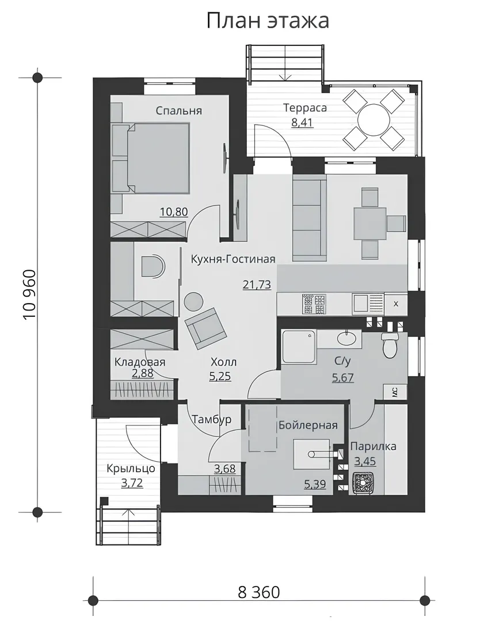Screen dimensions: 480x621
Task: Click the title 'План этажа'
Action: click(x=268, y=21)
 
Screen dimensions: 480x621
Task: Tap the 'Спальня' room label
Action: click(x=178, y=110)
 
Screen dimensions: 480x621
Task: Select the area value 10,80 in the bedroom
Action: click(x=174, y=212)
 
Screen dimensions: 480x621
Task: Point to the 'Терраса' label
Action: click(x=305, y=108)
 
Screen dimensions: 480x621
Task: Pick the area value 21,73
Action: click(x=257, y=285)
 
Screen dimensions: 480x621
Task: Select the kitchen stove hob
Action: click(x=314, y=304)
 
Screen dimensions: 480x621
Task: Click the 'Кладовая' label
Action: click(x=139, y=362)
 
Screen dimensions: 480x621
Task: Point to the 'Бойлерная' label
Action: click(x=308, y=425)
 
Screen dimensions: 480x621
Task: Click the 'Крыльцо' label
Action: click(x=131, y=469)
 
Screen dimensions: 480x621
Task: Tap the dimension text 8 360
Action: click(x=259, y=592)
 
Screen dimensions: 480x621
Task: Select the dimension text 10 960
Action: click(x=30, y=294)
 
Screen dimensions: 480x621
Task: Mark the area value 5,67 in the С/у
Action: click(x=343, y=377)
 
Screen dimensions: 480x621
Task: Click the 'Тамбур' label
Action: click(x=212, y=419)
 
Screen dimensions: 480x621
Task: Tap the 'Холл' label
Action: click(x=223, y=362)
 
